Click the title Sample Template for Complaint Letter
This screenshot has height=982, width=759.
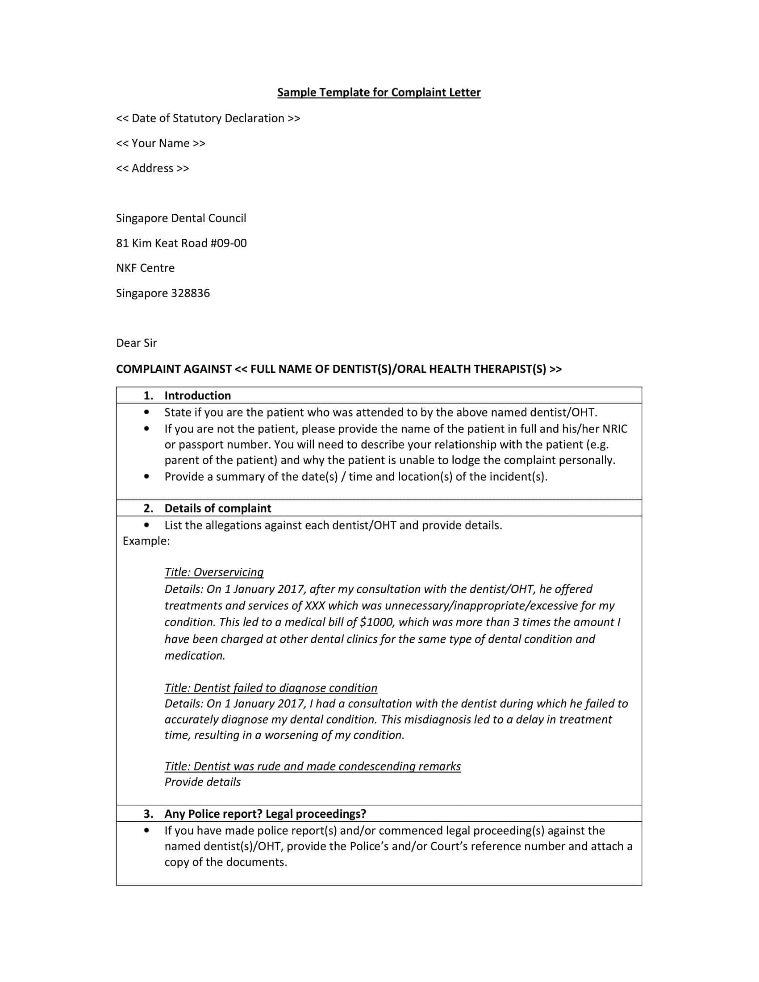379,93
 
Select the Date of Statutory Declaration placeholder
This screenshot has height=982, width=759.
208,118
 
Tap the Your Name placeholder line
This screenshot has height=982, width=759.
161,143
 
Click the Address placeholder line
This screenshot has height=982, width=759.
152,168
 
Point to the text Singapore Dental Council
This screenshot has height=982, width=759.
181,218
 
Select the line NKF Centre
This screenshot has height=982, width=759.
145,268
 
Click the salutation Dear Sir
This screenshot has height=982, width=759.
136,343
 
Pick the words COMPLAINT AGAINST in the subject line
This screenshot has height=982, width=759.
174,369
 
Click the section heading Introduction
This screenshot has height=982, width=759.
197,395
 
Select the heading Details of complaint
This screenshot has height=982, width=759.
217,508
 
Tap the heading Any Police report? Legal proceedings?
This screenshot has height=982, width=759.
265,814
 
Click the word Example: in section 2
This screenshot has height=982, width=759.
146,541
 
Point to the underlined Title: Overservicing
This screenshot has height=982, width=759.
214,572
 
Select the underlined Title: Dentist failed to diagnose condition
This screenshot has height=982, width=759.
271,688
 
